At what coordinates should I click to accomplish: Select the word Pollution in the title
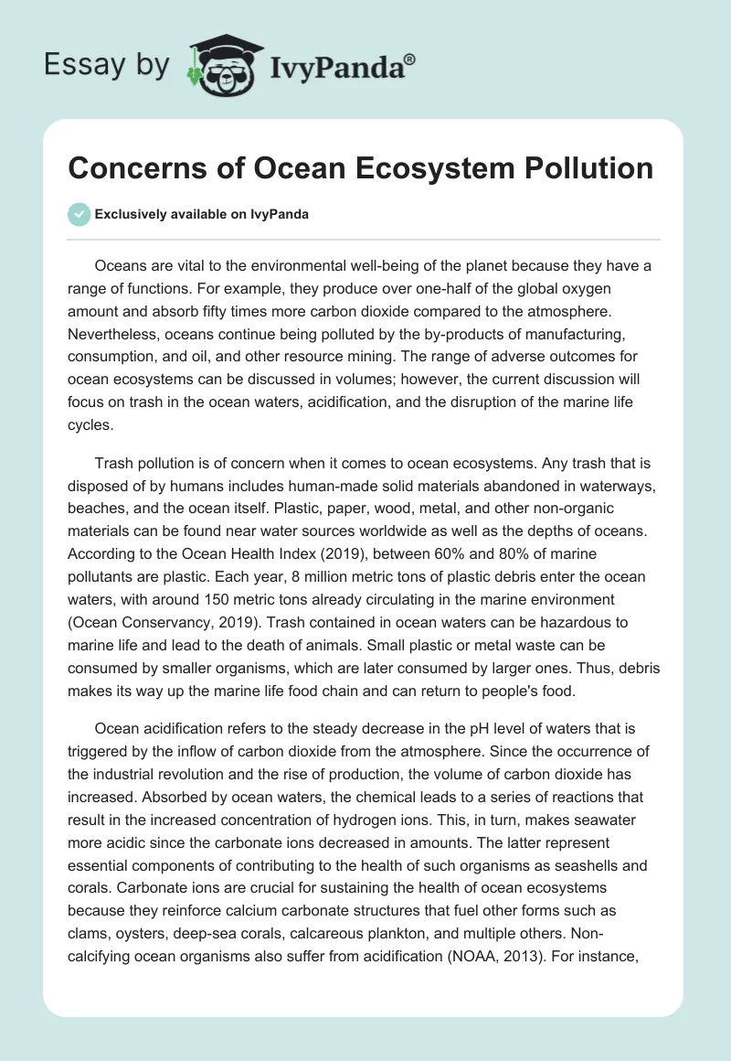click(586, 168)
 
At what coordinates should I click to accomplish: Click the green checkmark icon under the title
click(79, 214)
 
